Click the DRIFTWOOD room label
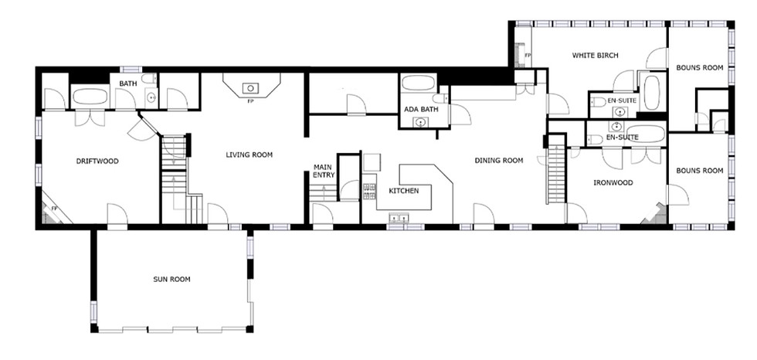[x=97, y=161]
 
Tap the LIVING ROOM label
[x=249, y=155]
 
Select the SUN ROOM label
[x=171, y=279]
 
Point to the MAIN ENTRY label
[x=324, y=172]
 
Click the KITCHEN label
[x=403, y=191]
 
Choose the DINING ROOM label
[x=499, y=161]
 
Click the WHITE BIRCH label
[x=596, y=56]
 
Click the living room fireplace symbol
[x=251, y=85]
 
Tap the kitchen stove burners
[x=369, y=191]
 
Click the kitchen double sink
[x=399, y=219]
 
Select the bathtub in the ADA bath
[x=418, y=83]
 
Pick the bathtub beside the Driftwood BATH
[x=90, y=97]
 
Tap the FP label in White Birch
[x=528, y=56]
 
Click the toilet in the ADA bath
[x=440, y=98]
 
